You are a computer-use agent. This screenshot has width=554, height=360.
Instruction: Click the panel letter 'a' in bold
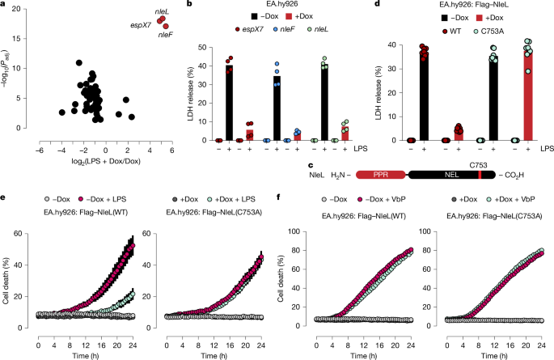pyautogui.click(x=5, y=6)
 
